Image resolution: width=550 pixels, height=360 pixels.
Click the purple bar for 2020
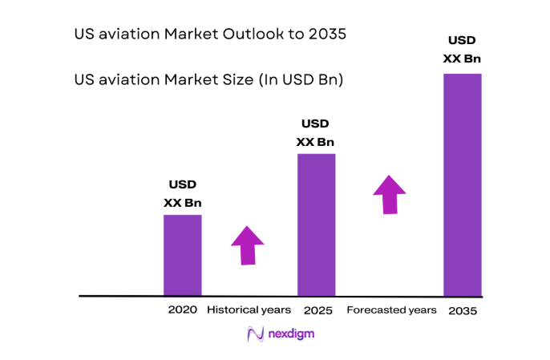pyautogui.click(x=182, y=255)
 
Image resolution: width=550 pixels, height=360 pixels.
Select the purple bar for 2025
pyautogui.click(x=316, y=224)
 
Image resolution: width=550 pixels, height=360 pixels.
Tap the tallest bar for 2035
pyautogui.click(x=463, y=184)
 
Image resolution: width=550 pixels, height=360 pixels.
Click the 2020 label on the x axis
pyautogui.click(x=182, y=309)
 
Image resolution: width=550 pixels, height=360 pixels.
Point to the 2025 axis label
pyautogui.click(x=317, y=309)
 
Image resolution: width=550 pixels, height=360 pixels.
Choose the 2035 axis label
pyautogui.click(x=463, y=310)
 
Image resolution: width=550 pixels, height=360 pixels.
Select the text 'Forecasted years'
pyautogui.click(x=391, y=309)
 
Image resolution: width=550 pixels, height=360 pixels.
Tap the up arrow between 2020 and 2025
pyautogui.click(x=248, y=245)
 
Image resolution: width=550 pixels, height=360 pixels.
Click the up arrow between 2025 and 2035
pyautogui.click(x=390, y=193)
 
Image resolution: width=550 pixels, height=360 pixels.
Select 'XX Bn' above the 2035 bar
pyautogui.click(x=462, y=58)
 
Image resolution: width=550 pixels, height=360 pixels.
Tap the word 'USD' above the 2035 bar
pyautogui.click(x=463, y=39)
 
